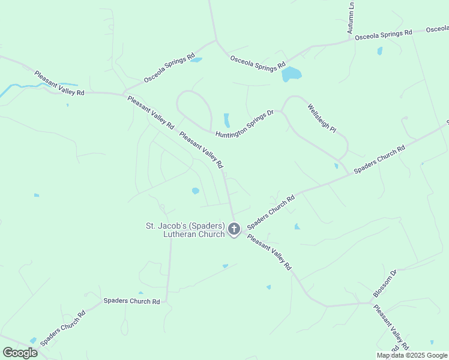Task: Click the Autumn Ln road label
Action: tap(351, 17)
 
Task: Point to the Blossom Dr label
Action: tap(385, 284)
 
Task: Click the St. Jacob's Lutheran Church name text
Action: tap(185, 230)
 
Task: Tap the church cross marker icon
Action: tap(234, 229)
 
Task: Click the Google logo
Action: tap(20, 353)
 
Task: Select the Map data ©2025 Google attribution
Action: tap(412, 355)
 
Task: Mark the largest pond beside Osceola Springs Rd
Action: tap(291, 74)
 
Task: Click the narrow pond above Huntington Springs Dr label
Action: tap(227, 120)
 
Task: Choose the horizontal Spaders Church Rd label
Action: tap(131, 301)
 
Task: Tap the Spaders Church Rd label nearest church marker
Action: tap(271, 212)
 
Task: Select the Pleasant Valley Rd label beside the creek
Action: tap(59, 83)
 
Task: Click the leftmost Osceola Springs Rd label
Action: tap(169, 68)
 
